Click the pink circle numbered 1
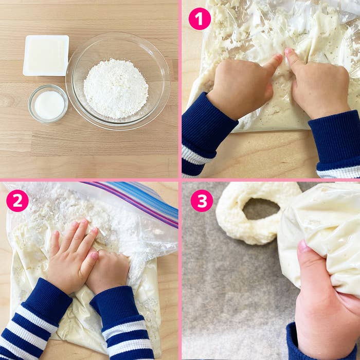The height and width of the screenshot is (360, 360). pos(200,19)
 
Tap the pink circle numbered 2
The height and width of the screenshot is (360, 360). pos(17,201)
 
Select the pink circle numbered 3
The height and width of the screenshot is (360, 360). pos(202,201)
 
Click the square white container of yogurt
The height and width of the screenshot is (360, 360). pos(46,56)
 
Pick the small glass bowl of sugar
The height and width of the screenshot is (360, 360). pos(48,104)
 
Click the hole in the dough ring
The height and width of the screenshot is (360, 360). pos(261,208)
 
